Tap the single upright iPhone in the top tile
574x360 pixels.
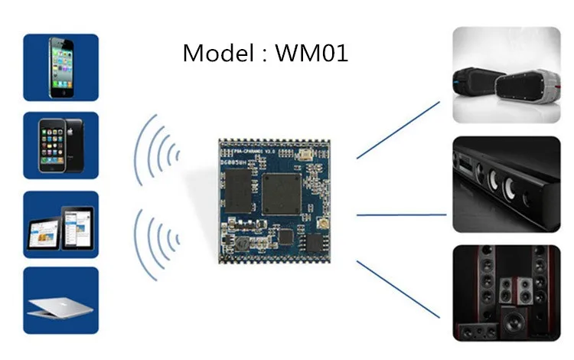(60, 67)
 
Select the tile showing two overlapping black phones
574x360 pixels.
(60, 146)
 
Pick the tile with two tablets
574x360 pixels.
(60, 224)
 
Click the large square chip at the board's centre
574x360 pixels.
(282, 193)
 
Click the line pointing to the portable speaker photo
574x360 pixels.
(398, 130)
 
